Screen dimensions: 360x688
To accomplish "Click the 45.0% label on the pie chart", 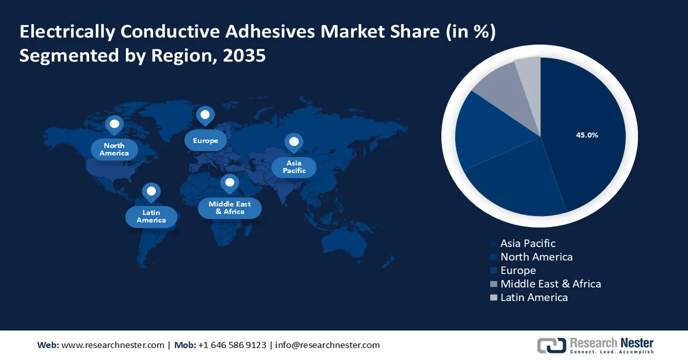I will tap(587, 135).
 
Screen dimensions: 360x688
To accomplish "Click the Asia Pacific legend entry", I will tap(527, 244).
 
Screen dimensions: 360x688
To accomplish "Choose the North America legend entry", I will tap(536, 257).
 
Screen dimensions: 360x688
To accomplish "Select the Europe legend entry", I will tap(518, 271).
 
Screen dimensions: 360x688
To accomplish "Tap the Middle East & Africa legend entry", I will tap(550, 284).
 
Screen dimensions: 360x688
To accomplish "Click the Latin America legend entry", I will tap(534, 298).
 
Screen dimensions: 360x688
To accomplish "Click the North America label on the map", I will tap(114, 150).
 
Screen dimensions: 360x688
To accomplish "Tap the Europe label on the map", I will tap(205, 140).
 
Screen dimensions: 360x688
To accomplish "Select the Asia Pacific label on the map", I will tap(294, 167).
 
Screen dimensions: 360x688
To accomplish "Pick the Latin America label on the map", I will tap(151, 216).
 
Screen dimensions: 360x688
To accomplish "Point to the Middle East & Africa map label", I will tap(229, 208).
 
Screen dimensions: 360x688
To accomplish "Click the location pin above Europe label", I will tap(205, 116).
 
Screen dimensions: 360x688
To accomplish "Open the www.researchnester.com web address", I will tap(112, 345).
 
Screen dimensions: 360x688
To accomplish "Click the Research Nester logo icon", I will tap(550, 345).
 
